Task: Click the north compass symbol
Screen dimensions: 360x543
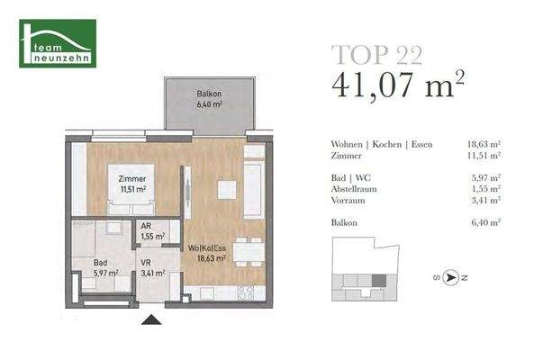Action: [x=453, y=277]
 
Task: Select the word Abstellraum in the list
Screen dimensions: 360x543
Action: [x=356, y=190]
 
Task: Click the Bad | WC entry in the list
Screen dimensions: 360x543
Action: [x=352, y=178]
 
